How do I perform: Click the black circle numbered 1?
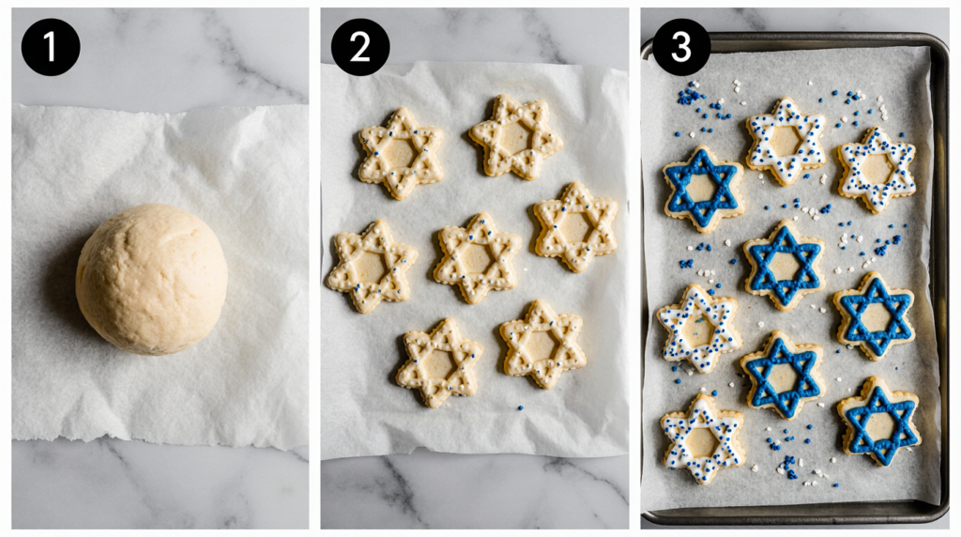(x=51, y=47)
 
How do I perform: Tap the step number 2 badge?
(x=360, y=47)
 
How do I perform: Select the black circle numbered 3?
(x=681, y=47)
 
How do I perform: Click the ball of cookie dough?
(x=152, y=279)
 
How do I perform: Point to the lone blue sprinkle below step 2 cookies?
(x=520, y=407)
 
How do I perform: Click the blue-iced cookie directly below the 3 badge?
(x=702, y=188)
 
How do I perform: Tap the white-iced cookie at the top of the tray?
(x=786, y=141)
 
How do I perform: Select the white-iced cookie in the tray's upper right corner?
(x=877, y=169)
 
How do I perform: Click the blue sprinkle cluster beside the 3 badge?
(x=691, y=95)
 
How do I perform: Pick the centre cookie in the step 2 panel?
(x=476, y=258)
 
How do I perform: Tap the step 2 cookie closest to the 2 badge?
(x=400, y=153)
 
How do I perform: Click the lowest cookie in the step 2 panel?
(x=439, y=363)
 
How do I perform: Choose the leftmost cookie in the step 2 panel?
(x=372, y=267)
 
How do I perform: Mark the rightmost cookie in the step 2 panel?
(x=575, y=227)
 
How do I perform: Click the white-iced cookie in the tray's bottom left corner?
(x=702, y=439)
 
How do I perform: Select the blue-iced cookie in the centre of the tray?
(x=783, y=265)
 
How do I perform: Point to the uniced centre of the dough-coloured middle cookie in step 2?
(x=476, y=259)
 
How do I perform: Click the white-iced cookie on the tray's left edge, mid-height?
(x=698, y=329)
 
